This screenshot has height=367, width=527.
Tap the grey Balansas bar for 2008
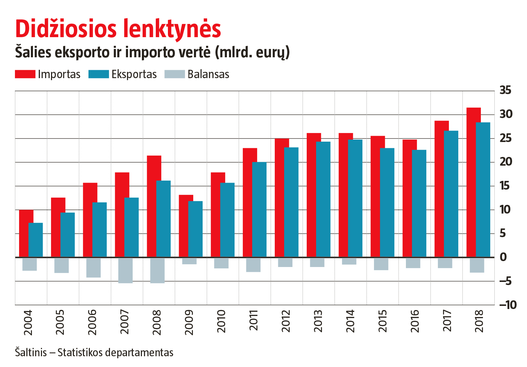pos(157,270)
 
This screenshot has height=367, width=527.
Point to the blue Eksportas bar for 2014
pos(356,198)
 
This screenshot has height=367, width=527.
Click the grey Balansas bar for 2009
pos(189,261)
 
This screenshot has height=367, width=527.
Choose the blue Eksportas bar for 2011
pos(260,209)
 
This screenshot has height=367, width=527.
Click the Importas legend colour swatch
pos(25,74)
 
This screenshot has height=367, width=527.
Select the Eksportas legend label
pos(134,74)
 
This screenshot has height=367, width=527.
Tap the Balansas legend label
pos(208,74)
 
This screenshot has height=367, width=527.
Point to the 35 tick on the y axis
pos(505,91)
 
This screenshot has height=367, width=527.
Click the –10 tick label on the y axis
pos(507,305)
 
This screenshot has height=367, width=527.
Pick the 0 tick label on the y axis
pos(503,257)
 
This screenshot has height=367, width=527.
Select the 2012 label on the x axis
pos(286,321)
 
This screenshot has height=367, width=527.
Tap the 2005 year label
pos(60,322)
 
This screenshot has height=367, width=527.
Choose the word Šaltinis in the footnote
pos(31,352)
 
